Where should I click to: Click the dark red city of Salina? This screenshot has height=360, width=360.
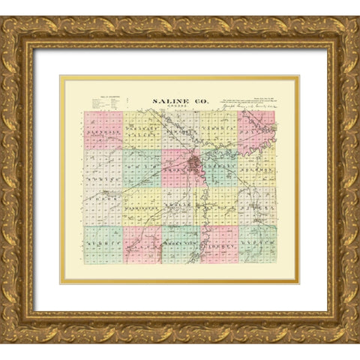pyautogui.click(x=196, y=163)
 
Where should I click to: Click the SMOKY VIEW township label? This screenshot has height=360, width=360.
pyautogui.click(x=178, y=245)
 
